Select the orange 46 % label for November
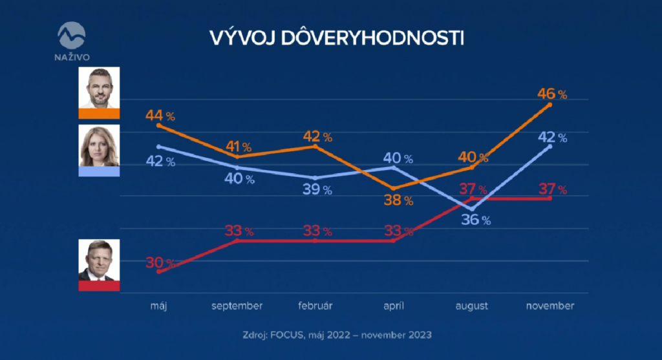(552, 94)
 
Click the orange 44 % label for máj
(160, 116)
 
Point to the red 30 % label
(160, 262)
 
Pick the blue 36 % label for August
(476, 220)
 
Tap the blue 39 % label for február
(317, 189)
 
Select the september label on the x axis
(237, 306)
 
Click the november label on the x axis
(550, 306)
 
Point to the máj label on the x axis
(158, 306)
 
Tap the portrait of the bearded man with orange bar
(99, 89)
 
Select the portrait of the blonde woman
(99, 145)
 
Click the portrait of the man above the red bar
(99, 260)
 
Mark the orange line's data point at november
(550, 105)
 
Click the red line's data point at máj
(159, 271)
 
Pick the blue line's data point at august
(472, 209)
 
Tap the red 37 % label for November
(552, 189)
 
